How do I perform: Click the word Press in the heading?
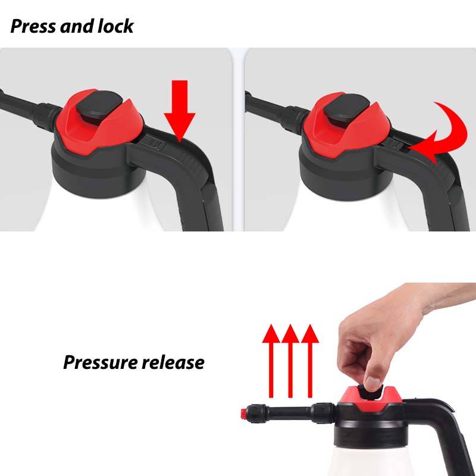33,26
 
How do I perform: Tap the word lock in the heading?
115,26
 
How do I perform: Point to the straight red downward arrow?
180,111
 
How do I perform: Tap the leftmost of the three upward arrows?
271,361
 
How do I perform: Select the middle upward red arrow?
290,361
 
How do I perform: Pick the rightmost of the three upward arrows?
310,361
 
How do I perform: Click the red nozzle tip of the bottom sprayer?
243,413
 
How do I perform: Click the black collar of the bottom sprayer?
370,428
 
